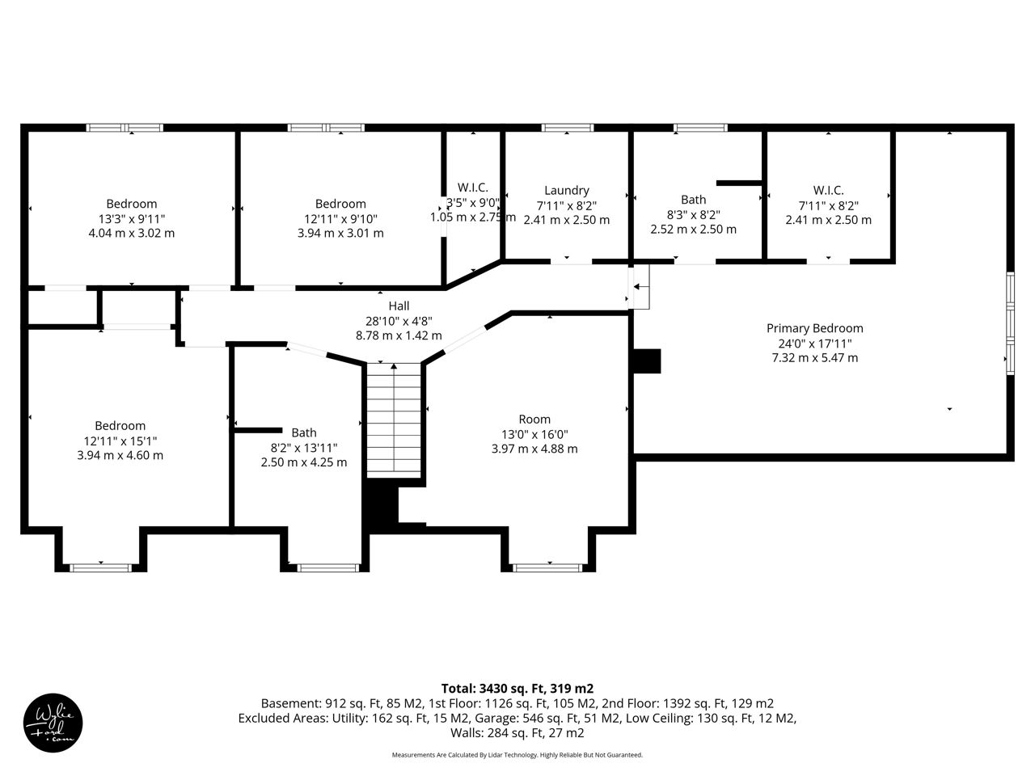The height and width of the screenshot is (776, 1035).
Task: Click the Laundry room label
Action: tap(566, 190)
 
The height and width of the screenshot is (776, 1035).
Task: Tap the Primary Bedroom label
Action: tap(814, 328)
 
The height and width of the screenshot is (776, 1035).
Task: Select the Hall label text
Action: tap(399, 306)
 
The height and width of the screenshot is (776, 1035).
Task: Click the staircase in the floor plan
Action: tap(394, 420)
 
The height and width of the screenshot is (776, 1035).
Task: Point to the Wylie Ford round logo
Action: tap(53, 723)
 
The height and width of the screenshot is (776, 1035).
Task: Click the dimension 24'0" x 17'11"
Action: tap(814, 344)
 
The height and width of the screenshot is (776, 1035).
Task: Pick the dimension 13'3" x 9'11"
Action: tap(132, 219)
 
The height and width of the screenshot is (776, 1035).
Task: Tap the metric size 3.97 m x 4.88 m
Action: tap(534, 449)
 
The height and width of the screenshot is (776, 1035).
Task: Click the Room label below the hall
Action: tap(534, 420)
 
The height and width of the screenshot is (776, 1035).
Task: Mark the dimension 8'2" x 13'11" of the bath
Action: tap(304, 448)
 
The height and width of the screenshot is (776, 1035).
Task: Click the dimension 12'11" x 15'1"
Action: tap(120, 441)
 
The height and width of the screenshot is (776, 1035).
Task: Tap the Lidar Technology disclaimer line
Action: tap(517, 755)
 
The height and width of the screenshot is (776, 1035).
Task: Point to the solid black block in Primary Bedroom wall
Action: tap(646, 361)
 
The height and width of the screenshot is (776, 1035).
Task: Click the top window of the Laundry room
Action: tap(568, 128)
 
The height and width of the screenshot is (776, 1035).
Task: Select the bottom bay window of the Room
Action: tap(547, 567)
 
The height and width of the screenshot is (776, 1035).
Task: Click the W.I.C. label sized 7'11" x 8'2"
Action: tap(828, 190)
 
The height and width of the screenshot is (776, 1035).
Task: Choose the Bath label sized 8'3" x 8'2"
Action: tap(693, 200)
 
